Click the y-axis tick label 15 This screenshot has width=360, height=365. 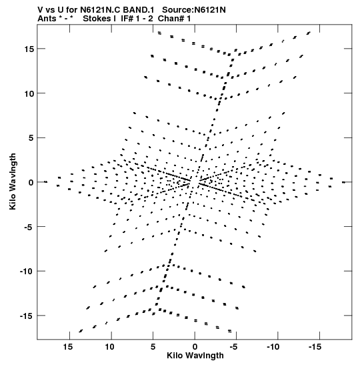pyautogui.click(x=29, y=49)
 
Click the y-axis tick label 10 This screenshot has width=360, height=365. pyautogui.click(x=29, y=93)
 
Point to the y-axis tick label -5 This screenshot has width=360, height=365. pyautogui.click(x=29, y=227)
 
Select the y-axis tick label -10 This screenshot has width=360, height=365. pyautogui.click(x=27, y=271)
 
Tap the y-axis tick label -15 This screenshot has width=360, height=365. pyautogui.click(x=27, y=316)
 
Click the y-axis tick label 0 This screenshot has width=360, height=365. pyautogui.click(x=31, y=182)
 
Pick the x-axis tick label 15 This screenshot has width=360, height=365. pyautogui.click(x=68, y=347)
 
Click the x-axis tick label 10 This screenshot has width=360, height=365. pyautogui.click(x=109, y=347)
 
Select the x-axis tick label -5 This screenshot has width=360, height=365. pyautogui.click(x=235, y=347)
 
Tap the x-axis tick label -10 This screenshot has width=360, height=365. pyautogui.click(x=274, y=347)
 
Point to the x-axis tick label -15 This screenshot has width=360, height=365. pyautogui.click(x=315, y=347)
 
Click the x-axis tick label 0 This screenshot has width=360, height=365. pyautogui.click(x=195, y=347)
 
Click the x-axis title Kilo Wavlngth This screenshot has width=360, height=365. pyautogui.click(x=195, y=356)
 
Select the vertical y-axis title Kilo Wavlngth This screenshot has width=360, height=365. pyautogui.click(x=13, y=181)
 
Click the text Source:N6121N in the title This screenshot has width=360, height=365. pyautogui.click(x=194, y=10)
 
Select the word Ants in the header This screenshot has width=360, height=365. pyautogui.click(x=47, y=19)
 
